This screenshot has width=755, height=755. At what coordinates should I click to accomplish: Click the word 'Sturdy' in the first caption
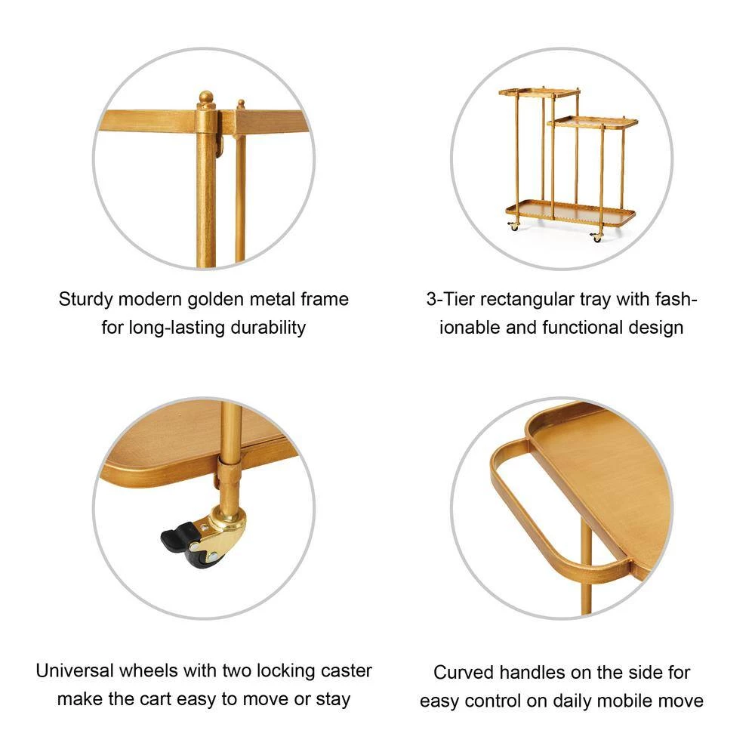(86, 300)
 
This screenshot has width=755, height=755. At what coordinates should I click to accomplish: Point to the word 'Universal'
(75, 670)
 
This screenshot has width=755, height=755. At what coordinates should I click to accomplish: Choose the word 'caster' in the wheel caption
(347, 671)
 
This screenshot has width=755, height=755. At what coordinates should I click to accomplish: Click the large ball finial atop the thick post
(206, 98)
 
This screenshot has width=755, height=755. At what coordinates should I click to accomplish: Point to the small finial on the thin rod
(241, 104)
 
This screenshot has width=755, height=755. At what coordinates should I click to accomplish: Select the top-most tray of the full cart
(539, 91)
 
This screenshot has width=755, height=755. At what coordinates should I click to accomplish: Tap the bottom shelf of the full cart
(570, 213)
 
